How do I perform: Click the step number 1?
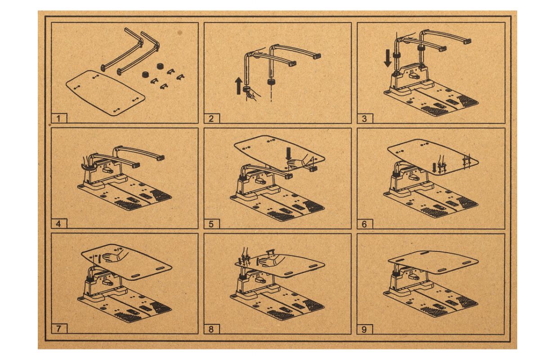click(58, 118)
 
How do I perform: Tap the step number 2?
click(211, 118)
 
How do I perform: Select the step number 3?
click(364, 118)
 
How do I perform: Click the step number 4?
click(58, 224)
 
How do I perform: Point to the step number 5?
click(211, 224)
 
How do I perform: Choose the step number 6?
click(364, 224)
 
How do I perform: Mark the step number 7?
click(58, 329)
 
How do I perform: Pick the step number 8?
click(211, 329)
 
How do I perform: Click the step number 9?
click(364, 329)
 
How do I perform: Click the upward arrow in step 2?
click(239, 85)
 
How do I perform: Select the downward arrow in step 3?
click(388, 58)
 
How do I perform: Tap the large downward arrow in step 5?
click(289, 154)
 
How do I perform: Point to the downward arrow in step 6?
click(434, 167)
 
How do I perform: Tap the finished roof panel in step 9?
click(433, 262)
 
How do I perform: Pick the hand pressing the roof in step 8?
click(271, 261)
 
